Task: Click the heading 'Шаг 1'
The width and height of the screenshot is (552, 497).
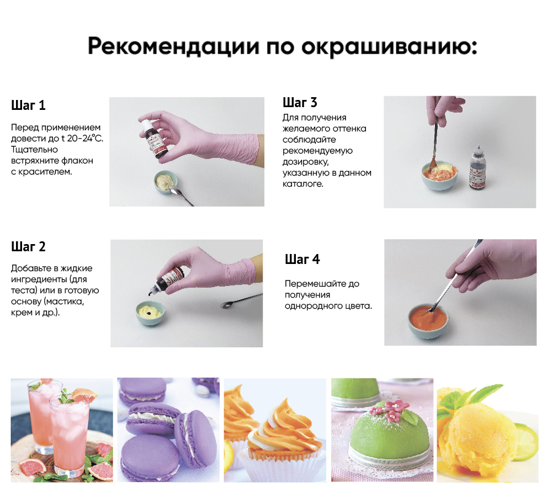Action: [28, 105]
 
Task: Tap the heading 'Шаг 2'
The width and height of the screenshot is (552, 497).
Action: [28, 246]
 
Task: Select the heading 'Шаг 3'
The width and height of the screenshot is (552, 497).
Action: [300, 103]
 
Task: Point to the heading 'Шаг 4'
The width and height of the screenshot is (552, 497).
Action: [302, 259]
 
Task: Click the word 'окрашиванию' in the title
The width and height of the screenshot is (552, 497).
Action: [389, 47]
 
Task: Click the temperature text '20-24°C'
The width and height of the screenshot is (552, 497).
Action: [85, 139]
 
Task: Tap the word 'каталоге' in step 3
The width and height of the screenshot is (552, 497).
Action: [302, 184]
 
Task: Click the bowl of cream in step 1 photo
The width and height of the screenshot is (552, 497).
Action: [166, 182]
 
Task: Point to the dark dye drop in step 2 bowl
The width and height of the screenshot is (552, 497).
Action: [149, 313]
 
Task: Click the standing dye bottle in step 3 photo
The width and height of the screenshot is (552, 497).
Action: [477, 167]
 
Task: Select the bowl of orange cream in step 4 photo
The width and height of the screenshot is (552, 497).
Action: [428, 320]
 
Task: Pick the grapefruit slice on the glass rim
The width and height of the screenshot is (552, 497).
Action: [83, 396]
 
